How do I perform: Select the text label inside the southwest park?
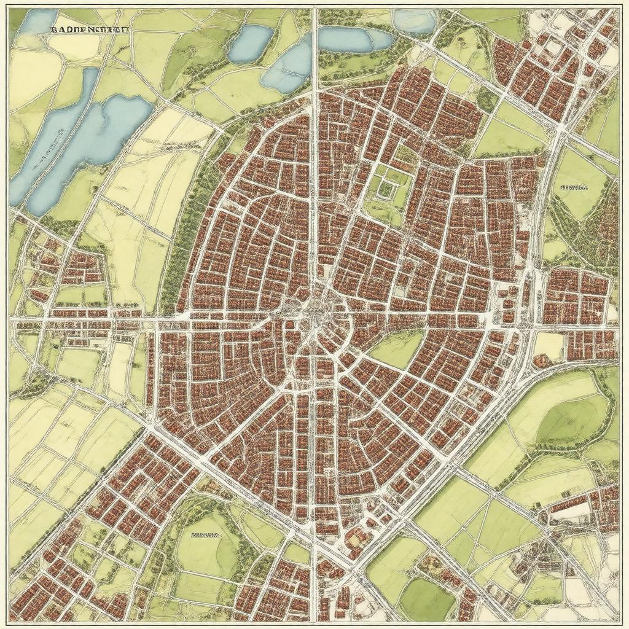205,535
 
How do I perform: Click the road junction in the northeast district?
560,126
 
